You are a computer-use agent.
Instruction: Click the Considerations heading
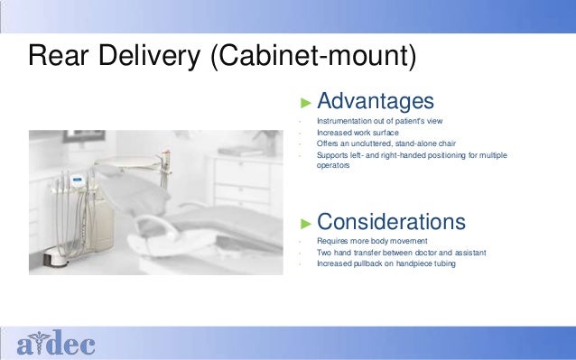[391, 222]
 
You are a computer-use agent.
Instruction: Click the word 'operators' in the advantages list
[332, 165]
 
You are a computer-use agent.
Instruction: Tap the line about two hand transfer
[401, 253]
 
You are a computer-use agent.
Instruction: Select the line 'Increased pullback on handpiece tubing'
[386, 263]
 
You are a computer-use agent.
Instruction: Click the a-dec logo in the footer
[55, 343]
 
